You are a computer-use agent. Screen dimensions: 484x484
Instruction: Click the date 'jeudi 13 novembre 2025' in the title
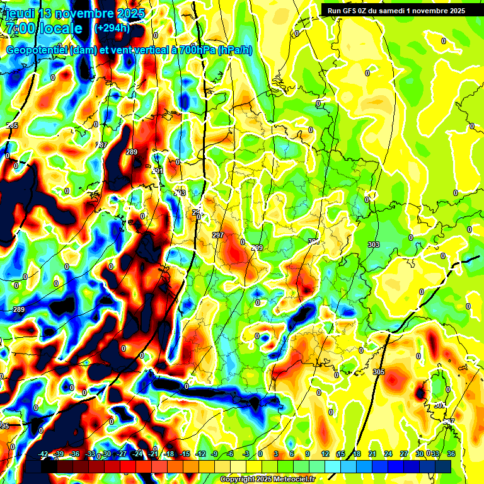point(75,13)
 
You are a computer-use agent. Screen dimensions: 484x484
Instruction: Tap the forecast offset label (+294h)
point(112,28)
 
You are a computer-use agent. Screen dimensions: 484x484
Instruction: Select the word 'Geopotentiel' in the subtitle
point(37,50)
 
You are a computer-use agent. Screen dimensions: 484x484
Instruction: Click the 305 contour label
point(378,372)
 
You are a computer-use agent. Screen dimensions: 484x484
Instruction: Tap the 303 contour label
point(373,245)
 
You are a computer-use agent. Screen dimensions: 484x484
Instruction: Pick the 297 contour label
point(218,235)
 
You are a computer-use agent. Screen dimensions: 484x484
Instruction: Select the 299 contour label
point(257,248)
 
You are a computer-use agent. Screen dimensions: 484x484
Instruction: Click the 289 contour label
point(131,152)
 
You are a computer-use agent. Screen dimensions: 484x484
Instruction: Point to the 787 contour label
point(101,146)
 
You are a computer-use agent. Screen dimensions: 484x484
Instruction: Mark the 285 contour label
point(12,126)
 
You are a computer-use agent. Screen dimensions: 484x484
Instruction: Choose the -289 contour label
point(18,309)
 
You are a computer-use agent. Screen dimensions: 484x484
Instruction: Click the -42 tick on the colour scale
point(43,454)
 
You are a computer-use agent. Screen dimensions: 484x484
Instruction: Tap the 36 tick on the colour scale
point(451,454)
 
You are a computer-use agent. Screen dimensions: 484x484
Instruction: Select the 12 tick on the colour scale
point(325,454)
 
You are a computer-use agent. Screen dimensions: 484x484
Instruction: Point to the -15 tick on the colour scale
point(185,454)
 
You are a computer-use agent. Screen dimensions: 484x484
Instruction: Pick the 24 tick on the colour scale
point(388,454)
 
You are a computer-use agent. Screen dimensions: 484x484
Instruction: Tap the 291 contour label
point(158,171)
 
